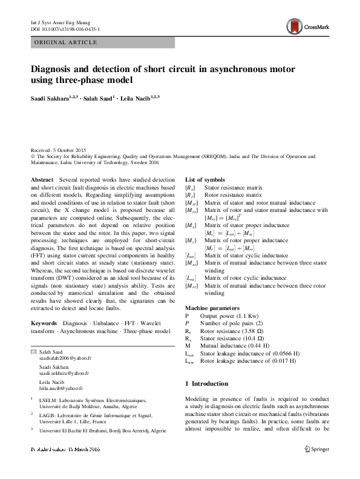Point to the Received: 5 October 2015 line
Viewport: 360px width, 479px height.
(59, 150)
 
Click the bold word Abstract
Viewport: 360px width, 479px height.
(42, 180)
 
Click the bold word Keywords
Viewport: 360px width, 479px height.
(44, 323)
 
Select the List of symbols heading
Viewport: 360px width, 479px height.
(205, 180)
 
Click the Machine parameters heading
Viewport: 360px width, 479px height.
(212, 308)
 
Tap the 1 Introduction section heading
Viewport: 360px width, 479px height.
(206, 384)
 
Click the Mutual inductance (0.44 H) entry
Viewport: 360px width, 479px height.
(232, 345)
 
